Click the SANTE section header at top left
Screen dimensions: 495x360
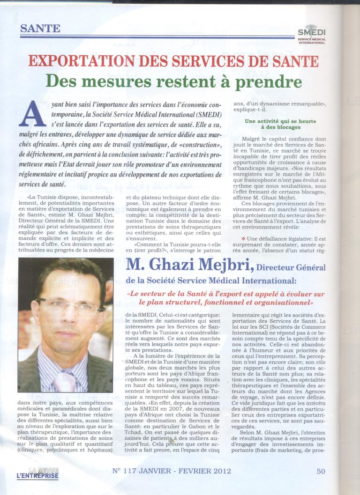coord(40,28)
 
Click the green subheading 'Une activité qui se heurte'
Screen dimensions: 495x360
coord(280,121)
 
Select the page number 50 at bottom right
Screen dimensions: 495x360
coord(321,471)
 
